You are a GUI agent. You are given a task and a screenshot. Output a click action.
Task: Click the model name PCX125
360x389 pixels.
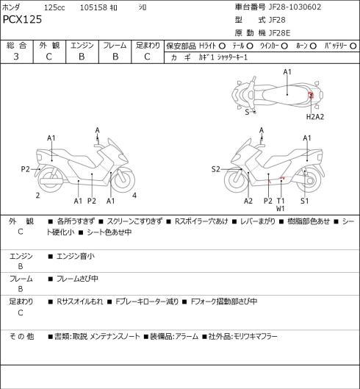[x=22, y=20]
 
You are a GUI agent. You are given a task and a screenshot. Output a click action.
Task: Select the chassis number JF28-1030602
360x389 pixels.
[x=295, y=7]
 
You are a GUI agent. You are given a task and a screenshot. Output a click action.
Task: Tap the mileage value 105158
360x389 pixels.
[x=93, y=7]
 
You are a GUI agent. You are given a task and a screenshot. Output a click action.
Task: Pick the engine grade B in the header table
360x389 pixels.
[x=82, y=57]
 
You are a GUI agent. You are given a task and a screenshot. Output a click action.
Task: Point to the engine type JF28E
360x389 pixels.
[x=279, y=33]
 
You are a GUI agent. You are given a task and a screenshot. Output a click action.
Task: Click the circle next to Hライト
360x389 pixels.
[x=222, y=46]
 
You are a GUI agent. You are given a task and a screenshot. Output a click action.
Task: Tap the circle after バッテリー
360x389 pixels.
[x=353, y=46]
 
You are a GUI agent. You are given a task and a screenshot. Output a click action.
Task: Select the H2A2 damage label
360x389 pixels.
[x=315, y=117]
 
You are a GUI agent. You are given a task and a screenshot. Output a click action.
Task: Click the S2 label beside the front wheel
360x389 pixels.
[x=216, y=169]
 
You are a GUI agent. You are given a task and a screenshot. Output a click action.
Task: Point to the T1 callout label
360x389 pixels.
[x=281, y=201]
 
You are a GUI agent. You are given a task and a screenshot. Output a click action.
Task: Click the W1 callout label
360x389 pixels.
[x=281, y=209]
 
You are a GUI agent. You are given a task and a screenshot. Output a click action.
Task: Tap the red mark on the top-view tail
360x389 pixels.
[x=311, y=95]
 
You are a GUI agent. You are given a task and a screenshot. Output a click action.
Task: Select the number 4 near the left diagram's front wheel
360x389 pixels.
[x=134, y=196]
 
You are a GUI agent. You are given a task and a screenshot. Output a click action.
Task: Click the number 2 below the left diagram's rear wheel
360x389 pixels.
[x=37, y=196]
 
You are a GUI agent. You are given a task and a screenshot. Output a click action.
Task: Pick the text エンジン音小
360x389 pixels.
[x=76, y=256]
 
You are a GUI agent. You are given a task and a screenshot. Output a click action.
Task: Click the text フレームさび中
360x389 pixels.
[x=77, y=279]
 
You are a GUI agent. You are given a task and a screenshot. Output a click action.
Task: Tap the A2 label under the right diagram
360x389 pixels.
[x=248, y=201]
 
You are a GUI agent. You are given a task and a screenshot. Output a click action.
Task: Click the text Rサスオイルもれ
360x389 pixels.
[x=80, y=301]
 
